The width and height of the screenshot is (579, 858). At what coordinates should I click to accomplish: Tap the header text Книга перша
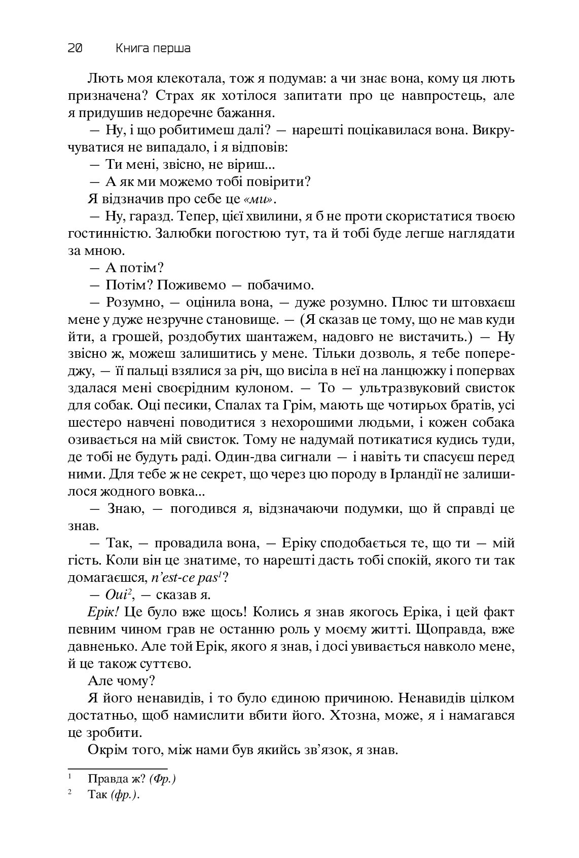click(x=153, y=49)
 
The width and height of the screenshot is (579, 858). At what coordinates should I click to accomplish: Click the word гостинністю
click(x=107, y=234)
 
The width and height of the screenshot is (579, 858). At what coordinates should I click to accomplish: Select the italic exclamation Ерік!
click(x=103, y=612)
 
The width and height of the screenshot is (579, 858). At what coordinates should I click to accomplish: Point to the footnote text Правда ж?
click(x=110, y=779)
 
